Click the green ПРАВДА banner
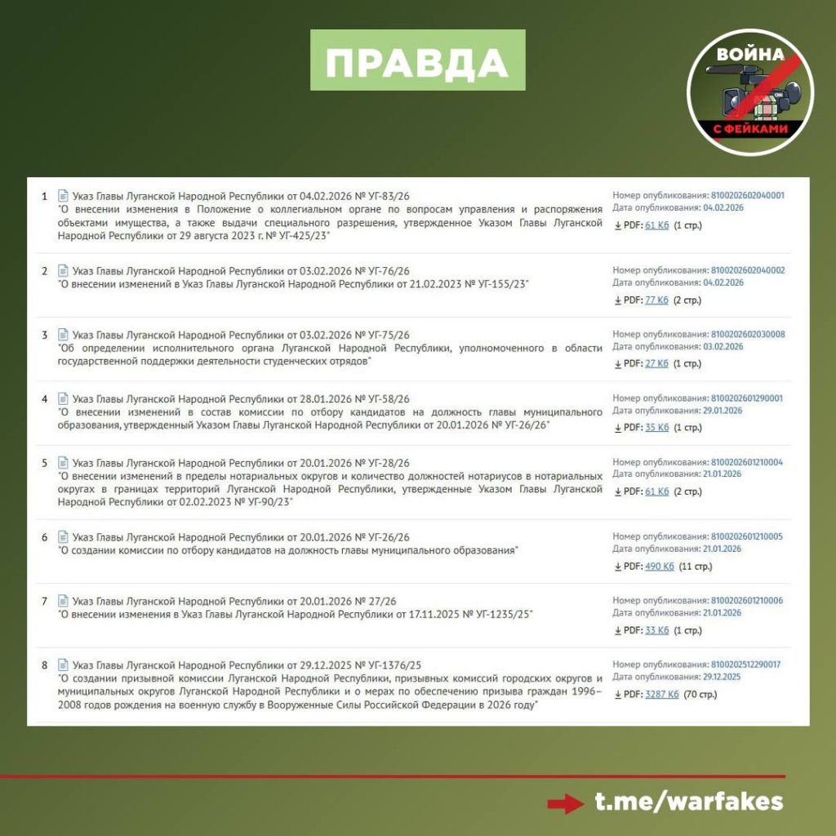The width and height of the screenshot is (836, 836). pos(417,60)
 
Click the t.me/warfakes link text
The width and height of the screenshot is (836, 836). pos(688,802)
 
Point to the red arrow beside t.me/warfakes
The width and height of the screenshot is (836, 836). pos(565,803)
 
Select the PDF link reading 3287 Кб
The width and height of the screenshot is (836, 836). pos(662,694)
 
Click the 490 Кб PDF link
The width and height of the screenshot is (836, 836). pos(660,566)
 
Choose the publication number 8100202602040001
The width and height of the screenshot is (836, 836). pos(748,196)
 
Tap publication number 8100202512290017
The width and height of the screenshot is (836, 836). pos(745,665)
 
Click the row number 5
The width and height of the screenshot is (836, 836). pos(45,463)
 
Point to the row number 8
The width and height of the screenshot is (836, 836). pos(45,665)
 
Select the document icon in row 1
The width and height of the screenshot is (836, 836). pos(63,196)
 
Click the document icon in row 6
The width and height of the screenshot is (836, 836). pos(63,537)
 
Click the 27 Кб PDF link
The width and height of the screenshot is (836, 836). pos(656,363)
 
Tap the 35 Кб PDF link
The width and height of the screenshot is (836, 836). pos(656,427)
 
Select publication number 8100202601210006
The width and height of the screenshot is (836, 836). pos(747,600)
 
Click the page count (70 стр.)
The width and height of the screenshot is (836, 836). pos(697,694)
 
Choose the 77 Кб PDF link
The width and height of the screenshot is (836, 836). pos(656,300)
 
